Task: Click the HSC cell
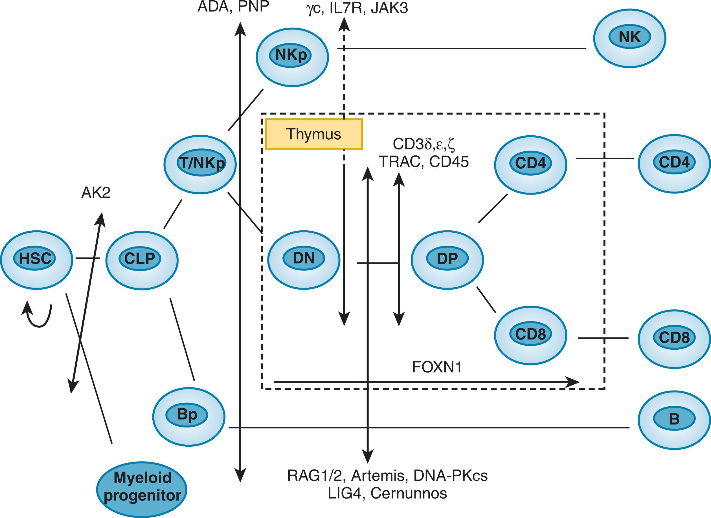(x=36, y=259)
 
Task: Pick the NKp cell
(x=292, y=56)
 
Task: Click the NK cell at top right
(x=629, y=38)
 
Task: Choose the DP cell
(x=447, y=259)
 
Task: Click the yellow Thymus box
(x=314, y=134)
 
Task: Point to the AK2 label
(x=96, y=193)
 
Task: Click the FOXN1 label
(x=437, y=367)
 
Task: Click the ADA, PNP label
(x=233, y=6)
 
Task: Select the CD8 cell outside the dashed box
(x=674, y=338)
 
